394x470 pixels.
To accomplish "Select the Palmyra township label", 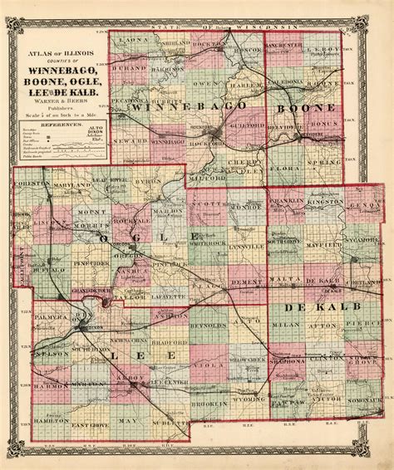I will click(51, 316).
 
